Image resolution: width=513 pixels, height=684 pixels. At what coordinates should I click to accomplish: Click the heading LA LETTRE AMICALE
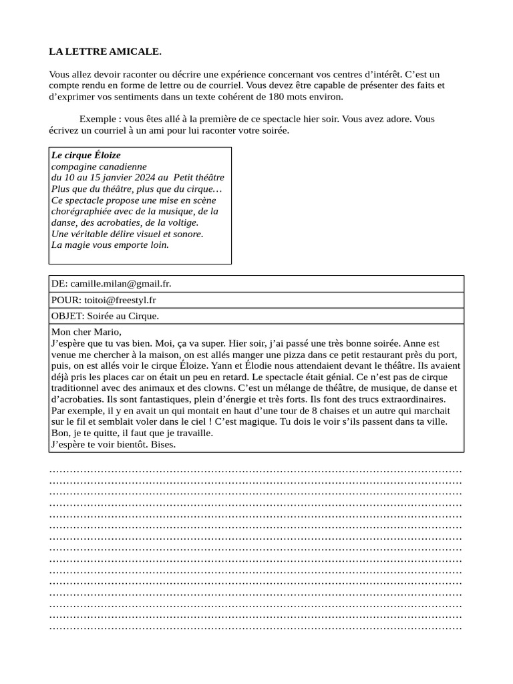click(x=105, y=51)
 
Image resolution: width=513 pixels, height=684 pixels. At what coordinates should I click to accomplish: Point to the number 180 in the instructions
click(x=277, y=96)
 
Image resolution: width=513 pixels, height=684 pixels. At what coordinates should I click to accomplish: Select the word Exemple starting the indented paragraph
click(x=97, y=119)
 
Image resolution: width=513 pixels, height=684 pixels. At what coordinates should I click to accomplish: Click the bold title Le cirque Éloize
click(x=86, y=155)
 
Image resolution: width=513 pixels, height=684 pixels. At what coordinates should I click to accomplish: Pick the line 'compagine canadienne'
click(x=99, y=166)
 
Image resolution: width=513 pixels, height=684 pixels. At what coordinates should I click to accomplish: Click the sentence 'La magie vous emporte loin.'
click(x=110, y=244)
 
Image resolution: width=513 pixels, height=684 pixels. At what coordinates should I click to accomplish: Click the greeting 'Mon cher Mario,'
click(x=87, y=332)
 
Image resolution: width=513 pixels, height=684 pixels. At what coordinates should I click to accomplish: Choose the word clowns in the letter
click(x=215, y=387)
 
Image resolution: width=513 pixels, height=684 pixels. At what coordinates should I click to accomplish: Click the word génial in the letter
click(x=317, y=377)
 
